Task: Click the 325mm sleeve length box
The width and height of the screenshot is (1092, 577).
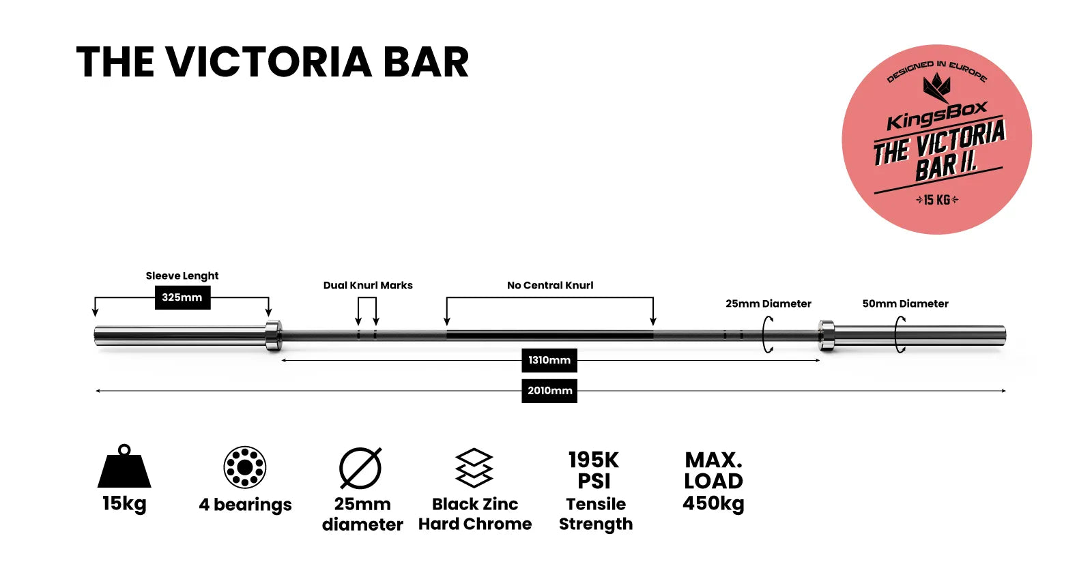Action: click(x=182, y=297)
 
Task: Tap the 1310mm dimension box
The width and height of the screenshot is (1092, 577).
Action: click(x=549, y=360)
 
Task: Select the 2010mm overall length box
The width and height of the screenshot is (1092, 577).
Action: click(x=549, y=391)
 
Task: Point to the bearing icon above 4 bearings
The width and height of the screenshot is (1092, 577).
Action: click(x=245, y=467)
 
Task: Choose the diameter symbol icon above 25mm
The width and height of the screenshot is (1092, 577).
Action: click(x=361, y=468)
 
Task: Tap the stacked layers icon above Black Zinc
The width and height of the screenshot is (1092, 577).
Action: click(x=474, y=468)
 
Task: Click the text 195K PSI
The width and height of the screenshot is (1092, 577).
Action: click(x=594, y=470)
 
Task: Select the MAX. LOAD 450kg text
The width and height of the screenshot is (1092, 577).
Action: click(x=713, y=481)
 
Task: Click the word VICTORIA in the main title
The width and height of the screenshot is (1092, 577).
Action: click(x=269, y=62)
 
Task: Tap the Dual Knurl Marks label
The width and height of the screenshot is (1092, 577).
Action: click(x=368, y=285)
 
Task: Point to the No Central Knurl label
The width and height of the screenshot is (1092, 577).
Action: click(x=550, y=285)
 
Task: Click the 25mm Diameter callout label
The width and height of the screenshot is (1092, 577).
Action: click(x=768, y=304)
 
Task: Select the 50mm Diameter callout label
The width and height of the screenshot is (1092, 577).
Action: click(x=905, y=304)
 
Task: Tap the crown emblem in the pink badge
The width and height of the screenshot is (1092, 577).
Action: click(x=936, y=87)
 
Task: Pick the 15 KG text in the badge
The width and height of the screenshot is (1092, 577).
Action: click(x=937, y=200)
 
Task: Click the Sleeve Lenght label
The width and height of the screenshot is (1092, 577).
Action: click(x=182, y=276)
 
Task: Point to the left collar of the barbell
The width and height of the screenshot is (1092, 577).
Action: click(x=273, y=335)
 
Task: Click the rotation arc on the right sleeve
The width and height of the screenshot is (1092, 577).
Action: click(x=900, y=335)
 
